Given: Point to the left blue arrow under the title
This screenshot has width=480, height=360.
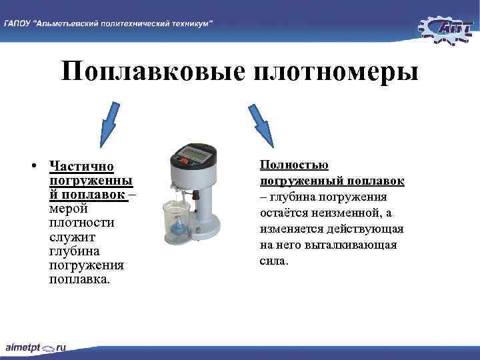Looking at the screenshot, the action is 108,125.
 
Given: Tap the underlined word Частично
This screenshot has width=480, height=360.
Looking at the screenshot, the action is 81,166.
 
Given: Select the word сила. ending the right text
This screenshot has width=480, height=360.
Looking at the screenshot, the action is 274,261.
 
